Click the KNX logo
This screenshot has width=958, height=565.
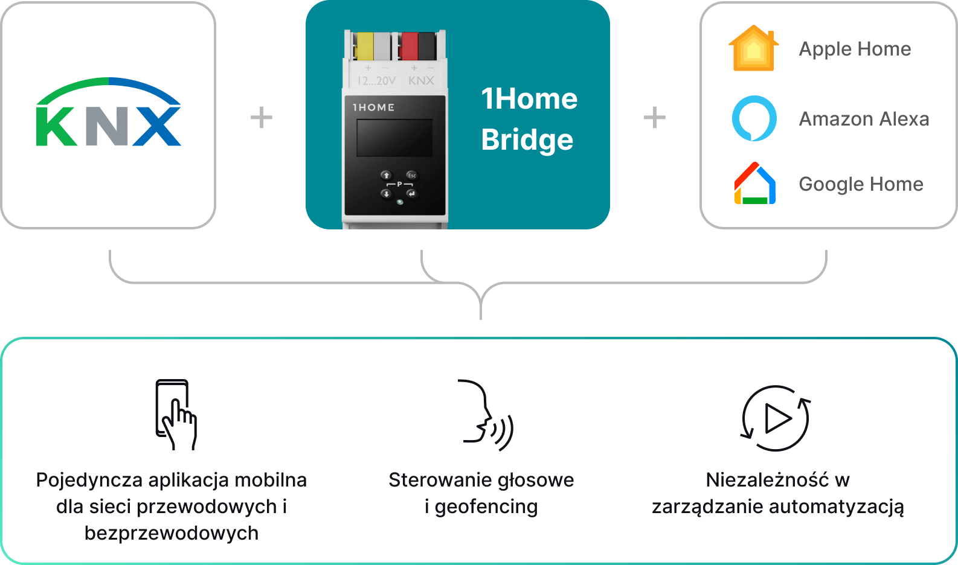pos(109,112)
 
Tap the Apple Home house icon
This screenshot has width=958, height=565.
pos(754,48)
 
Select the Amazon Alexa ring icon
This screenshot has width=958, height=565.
pos(754,118)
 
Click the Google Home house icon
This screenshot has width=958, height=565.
pos(755,183)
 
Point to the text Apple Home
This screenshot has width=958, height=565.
pos(855,49)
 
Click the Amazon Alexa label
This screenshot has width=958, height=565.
pos(864,119)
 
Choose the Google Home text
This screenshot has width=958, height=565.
pos(861,184)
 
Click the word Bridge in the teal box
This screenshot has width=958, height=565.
pos(527,139)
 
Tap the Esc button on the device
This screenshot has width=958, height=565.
pos(411,175)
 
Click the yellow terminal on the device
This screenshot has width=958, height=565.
pos(365,46)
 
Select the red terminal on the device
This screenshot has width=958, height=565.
pos(410,46)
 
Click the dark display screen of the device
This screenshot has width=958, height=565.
pos(394,138)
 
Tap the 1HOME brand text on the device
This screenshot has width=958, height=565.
pos(373,107)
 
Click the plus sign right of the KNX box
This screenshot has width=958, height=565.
pos(262,118)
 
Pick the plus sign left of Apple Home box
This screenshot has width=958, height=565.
pos(655,118)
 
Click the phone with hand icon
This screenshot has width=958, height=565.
pos(176,415)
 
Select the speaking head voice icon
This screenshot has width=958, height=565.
pos(486,415)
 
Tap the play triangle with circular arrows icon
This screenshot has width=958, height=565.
pos(776,418)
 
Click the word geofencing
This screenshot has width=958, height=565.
pos(486,507)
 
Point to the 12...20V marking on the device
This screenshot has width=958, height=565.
pos(377,80)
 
